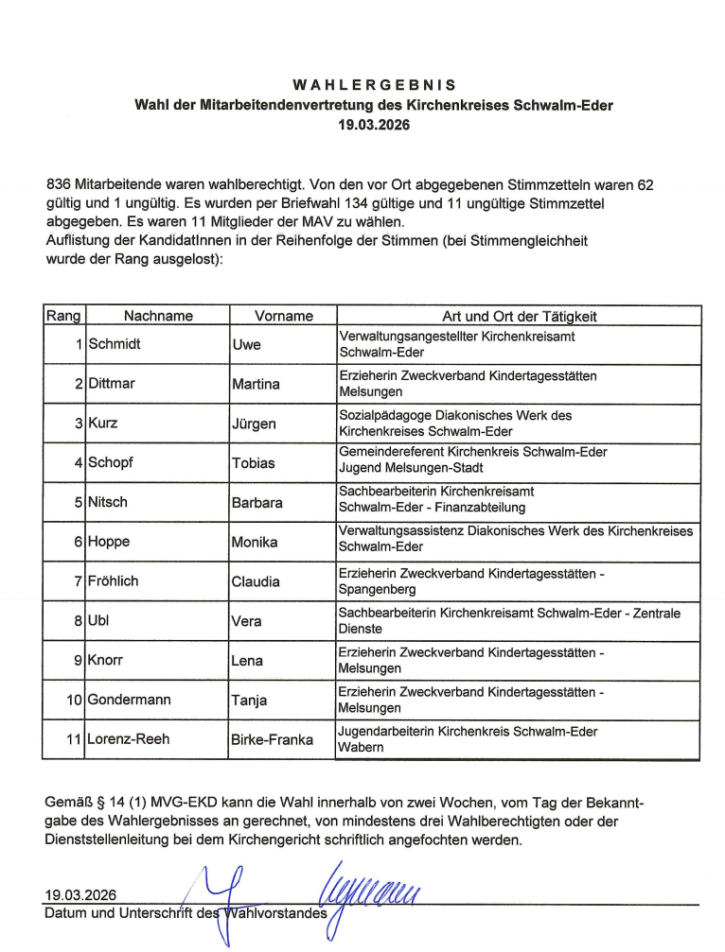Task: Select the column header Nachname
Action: (158, 317)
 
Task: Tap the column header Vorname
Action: (283, 317)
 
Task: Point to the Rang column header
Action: (63, 317)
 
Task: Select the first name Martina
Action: (256, 384)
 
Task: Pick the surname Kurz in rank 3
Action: (103, 424)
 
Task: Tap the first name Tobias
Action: (254, 463)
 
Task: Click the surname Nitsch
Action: (109, 503)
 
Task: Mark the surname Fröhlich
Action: (113, 581)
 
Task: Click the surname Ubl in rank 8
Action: (98, 621)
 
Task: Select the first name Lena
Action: (247, 661)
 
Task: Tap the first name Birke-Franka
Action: (272, 740)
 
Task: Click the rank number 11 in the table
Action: (73, 740)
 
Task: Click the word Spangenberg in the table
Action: (376, 589)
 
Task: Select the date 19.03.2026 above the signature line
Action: (80, 895)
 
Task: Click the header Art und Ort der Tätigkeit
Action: (520, 317)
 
